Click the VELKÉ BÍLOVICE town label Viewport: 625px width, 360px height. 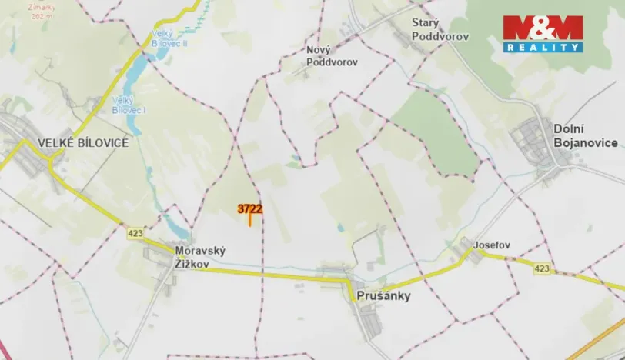click(x=82, y=142)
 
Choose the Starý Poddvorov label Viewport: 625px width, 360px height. click(x=440, y=30)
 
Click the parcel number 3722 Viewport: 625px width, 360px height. click(x=250, y=208)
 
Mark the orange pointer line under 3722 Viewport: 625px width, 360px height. click(x=250, y=220)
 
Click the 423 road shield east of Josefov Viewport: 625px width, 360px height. click(x=542, y=268)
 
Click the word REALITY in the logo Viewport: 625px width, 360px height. click(x=543, y=47)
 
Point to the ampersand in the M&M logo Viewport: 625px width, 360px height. click(x=543, y=27)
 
